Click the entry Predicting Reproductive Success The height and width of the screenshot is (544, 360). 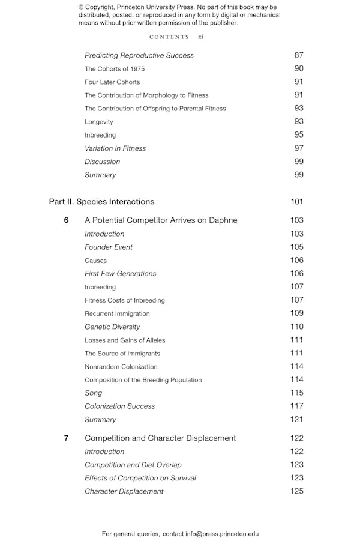(139, 55)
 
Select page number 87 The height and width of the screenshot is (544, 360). (299, 55)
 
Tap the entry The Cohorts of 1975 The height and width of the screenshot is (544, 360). (115, 69)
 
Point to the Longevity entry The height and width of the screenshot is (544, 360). (99, 122)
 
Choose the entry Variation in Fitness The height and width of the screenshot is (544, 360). (115, 148)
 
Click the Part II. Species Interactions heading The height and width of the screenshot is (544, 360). (101, 202)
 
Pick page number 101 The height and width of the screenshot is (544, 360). (296, 202)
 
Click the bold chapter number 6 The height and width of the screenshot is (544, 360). (66, 220)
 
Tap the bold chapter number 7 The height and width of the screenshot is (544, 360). (66, 438)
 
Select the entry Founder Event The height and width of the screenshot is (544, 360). (109, 247)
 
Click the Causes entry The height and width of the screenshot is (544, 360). (96, 261)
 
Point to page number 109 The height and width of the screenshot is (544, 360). (296, 313)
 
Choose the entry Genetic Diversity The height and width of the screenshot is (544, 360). (112, 327)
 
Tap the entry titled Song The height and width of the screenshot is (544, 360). (93, 393)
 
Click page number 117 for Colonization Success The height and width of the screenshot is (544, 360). (296, 406)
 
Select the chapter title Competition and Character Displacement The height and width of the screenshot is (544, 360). (160, 438)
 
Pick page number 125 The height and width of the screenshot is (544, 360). (296, 491)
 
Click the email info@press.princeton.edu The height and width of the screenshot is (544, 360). (221, 534)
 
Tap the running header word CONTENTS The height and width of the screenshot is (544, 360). (169, 37)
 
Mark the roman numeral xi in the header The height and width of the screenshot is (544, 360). (201, 37)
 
